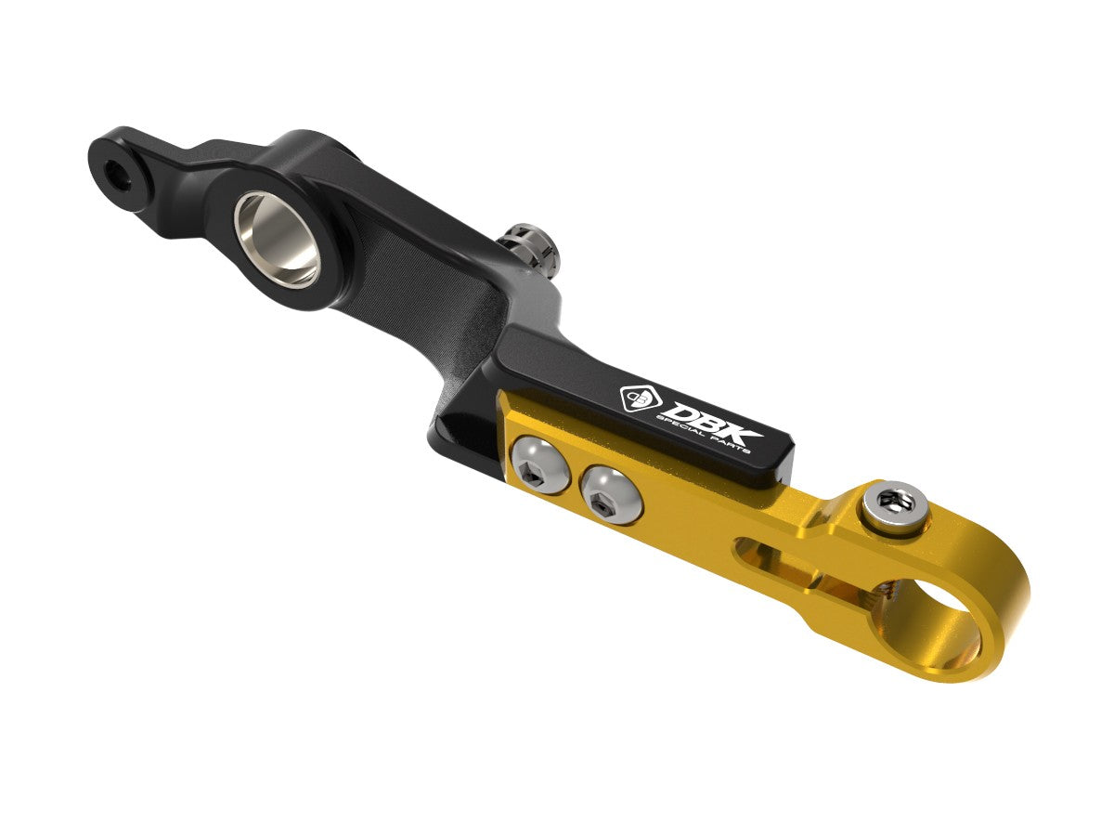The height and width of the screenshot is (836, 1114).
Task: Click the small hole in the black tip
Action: (x=115, y=171)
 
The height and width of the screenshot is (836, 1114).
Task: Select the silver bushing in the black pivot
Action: (x=277, y=237)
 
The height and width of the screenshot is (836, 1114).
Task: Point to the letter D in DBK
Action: (x=675, y=409)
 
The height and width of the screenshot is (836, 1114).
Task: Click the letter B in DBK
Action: (x=707, y=421)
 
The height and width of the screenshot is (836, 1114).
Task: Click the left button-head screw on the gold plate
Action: (x=538, y=463)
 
